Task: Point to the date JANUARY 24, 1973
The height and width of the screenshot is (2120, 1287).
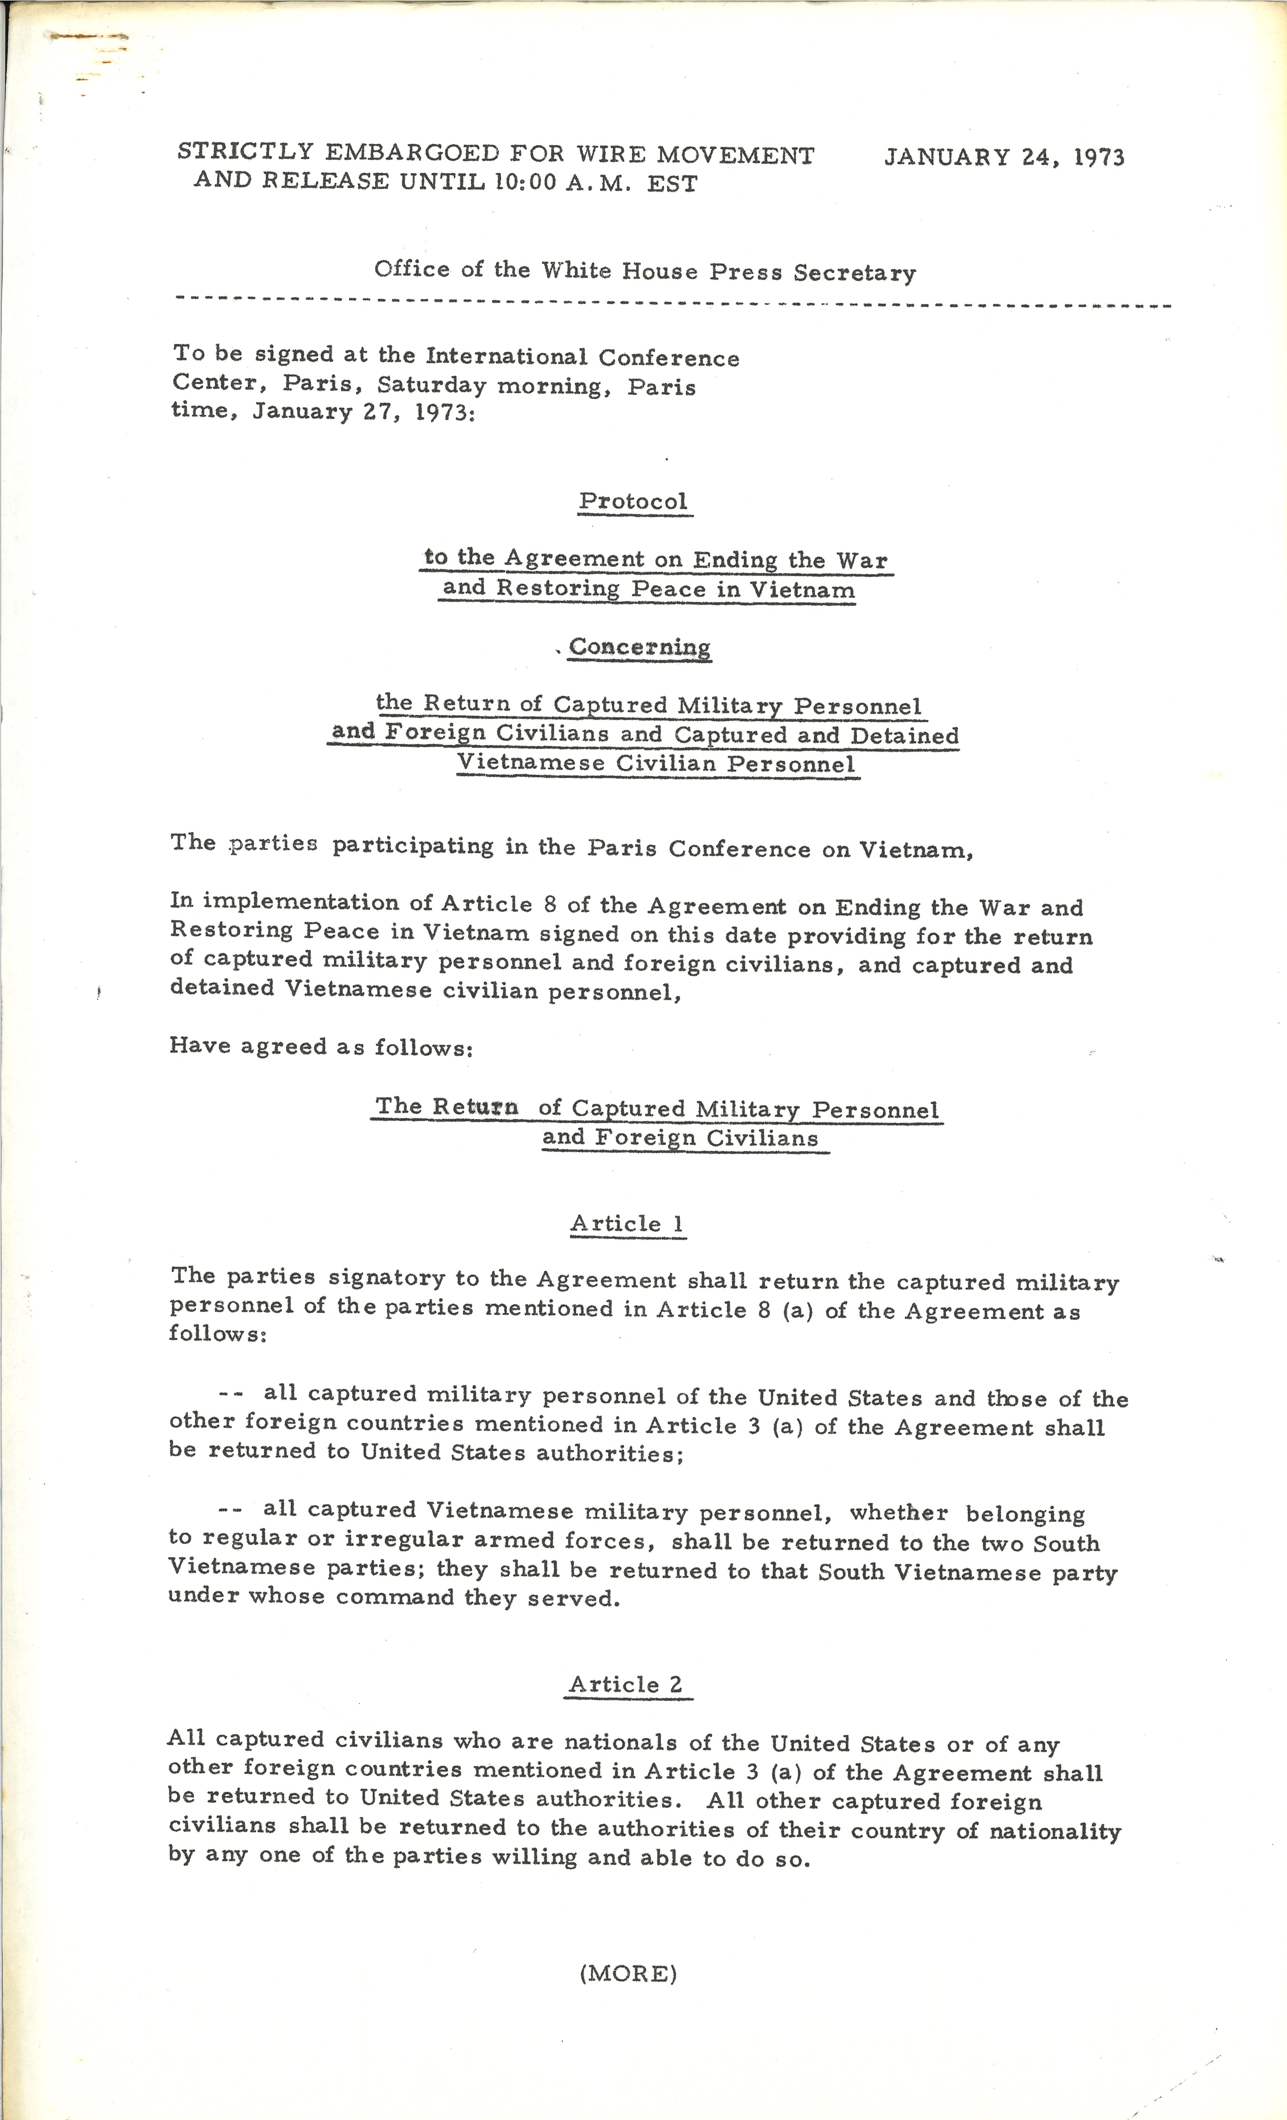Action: coord(1004,156)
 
